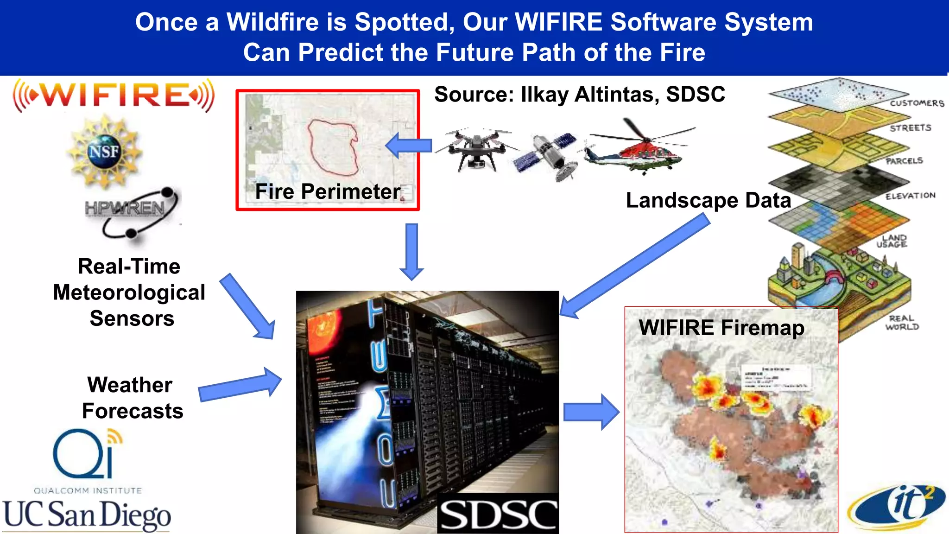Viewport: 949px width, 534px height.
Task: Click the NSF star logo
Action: point(104,152)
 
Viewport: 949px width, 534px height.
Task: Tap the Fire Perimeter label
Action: point(328,191)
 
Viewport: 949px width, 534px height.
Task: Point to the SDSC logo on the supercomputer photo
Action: point(498,515)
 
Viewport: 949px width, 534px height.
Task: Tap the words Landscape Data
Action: point(708,200)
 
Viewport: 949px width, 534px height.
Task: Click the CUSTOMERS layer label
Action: point(916,103)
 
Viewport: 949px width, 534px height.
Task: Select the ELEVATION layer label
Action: point(910,196)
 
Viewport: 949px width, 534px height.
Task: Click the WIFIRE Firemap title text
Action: point(721,328)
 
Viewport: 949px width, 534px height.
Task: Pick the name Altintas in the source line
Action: point(616,95)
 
